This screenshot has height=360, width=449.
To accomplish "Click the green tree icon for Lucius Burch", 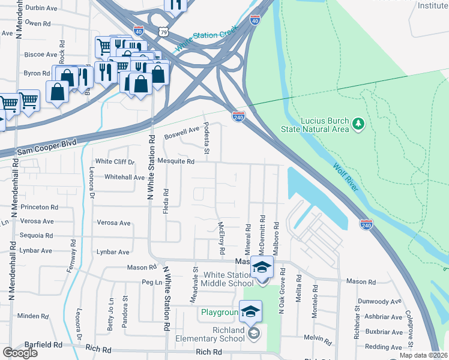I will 358,124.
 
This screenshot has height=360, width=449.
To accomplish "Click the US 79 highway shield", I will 163,31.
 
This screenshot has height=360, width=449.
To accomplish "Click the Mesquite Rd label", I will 176,161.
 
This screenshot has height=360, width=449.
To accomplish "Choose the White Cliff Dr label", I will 115,161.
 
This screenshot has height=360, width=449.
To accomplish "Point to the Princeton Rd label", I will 39,206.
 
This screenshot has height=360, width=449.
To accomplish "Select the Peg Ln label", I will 151,281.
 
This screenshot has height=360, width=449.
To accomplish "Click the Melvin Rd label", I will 313,337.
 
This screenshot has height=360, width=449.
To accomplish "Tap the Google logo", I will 20,353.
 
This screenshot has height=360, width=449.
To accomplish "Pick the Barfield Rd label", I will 43,345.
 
